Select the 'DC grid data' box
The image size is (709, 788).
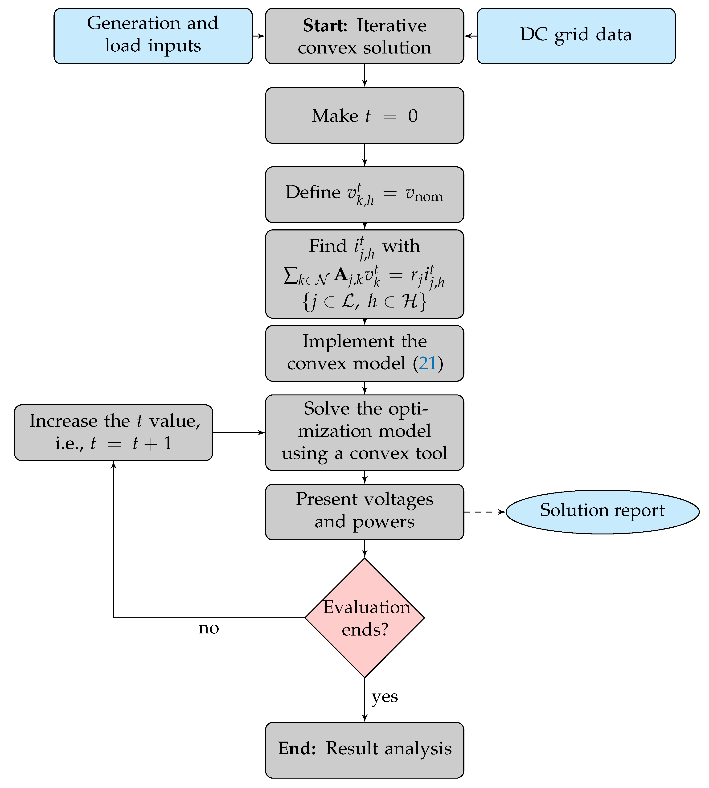pos(576,36)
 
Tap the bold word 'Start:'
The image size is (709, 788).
pos(325,26)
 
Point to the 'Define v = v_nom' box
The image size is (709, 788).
pos(364,194)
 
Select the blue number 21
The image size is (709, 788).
pos(427,363)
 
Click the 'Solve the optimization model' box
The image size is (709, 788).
pos(364,432)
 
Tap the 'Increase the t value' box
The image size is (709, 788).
pos(113,432)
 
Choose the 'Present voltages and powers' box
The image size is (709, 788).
pos(364,512)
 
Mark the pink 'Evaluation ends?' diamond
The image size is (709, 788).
pos(364,618)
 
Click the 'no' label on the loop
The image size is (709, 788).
pos(209,628)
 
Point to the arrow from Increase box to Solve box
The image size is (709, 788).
pos(239,432)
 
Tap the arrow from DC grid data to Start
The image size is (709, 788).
pos(471,36)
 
